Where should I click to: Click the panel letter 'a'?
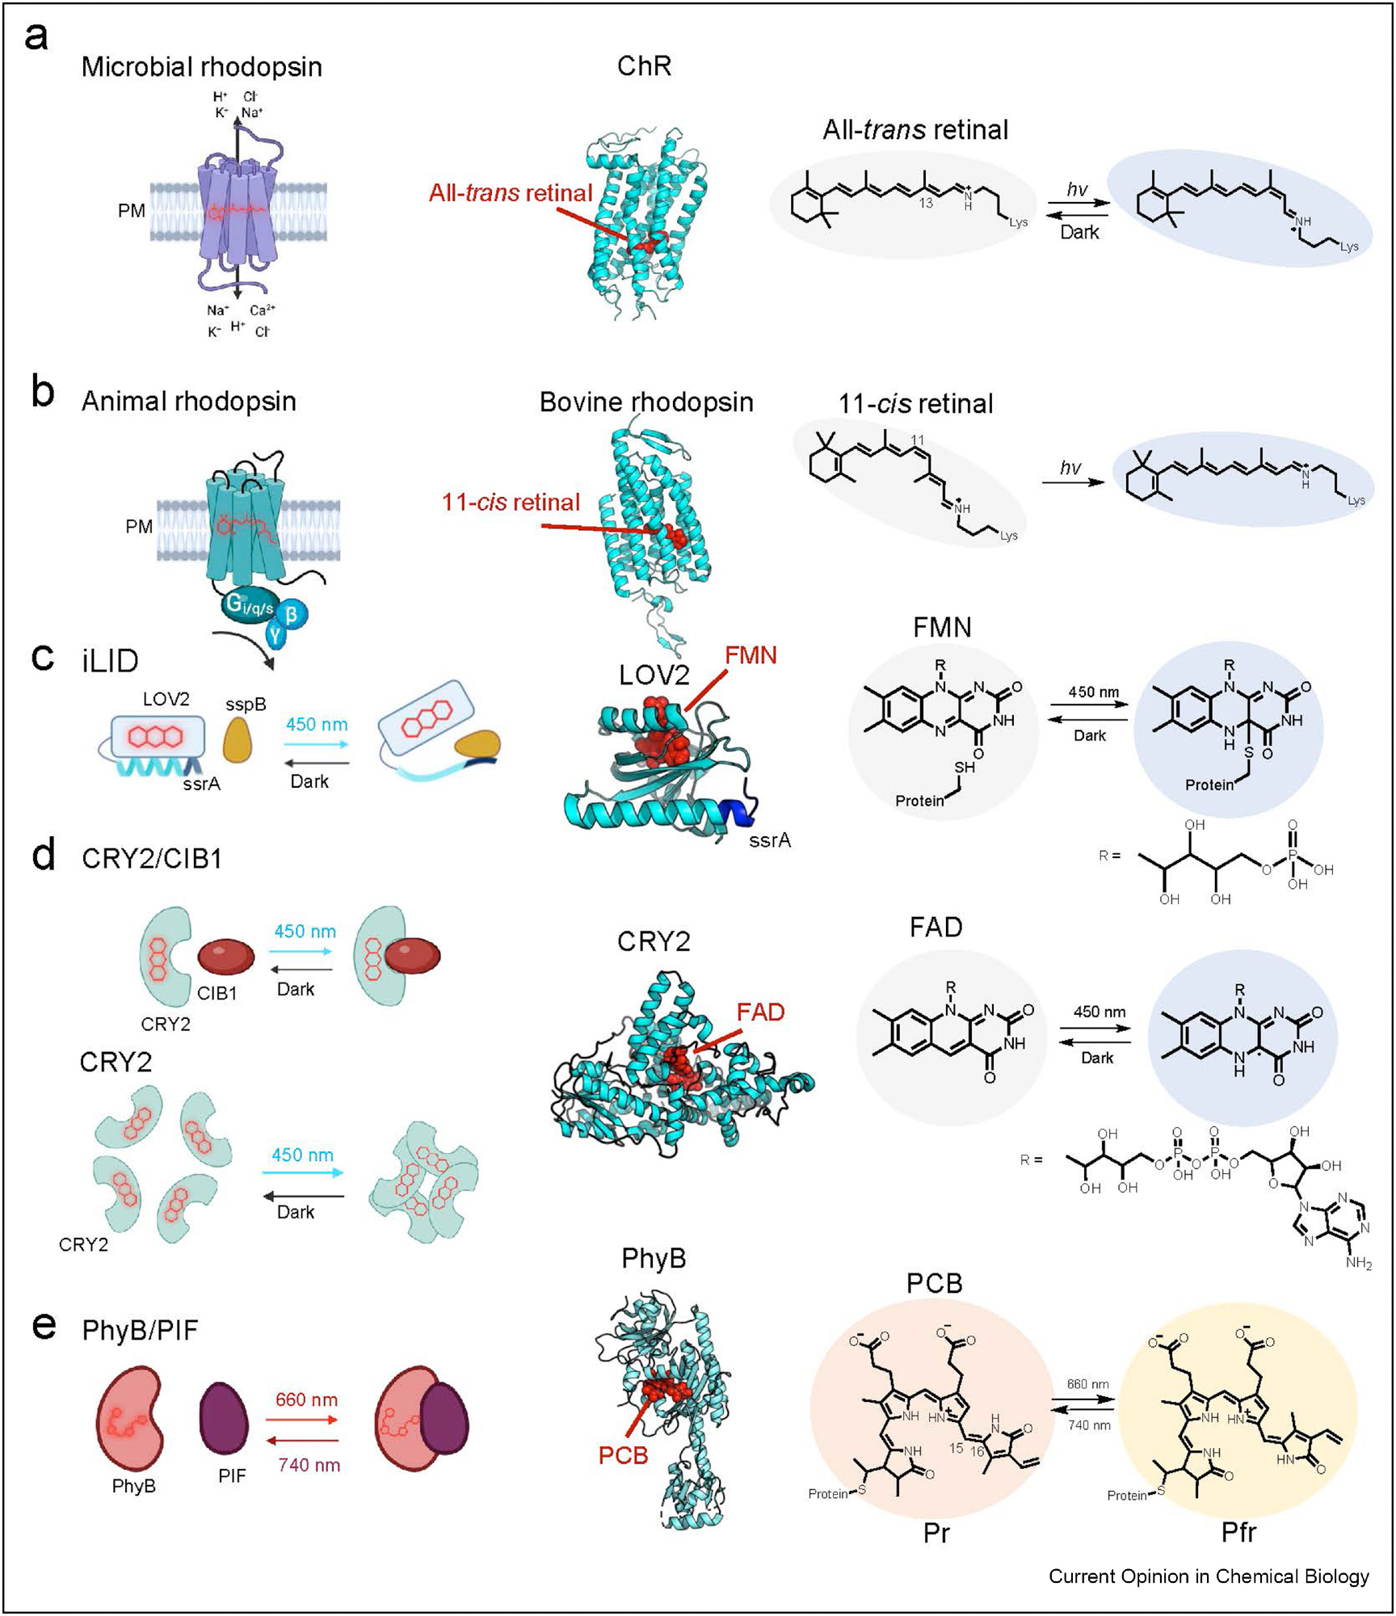[x=36, y=37]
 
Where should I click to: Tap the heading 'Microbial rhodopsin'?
[x=201, y=67]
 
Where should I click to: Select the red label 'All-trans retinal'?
[x=510, y=193]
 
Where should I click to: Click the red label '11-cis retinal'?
[x=511, y=503]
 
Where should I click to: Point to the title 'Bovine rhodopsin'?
[x=645, y=402]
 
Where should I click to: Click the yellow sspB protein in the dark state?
[x=238, y=738]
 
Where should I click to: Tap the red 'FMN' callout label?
[x=751, y=655]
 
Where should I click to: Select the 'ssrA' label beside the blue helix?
[x=769, y=840]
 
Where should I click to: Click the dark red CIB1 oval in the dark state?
[x=226, y=957]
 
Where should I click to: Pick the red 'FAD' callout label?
[x=760, y=1012]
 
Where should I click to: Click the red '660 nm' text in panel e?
[x=306, y=1399]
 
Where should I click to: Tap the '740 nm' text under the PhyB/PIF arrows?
[x=309, y=1465]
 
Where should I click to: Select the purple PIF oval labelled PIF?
[x=224, y=1418]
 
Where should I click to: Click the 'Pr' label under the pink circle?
[x=936, y=1533]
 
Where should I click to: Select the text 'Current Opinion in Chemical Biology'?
[x=1208, y=1576]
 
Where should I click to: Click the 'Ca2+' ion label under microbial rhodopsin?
[x=262, y=310]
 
